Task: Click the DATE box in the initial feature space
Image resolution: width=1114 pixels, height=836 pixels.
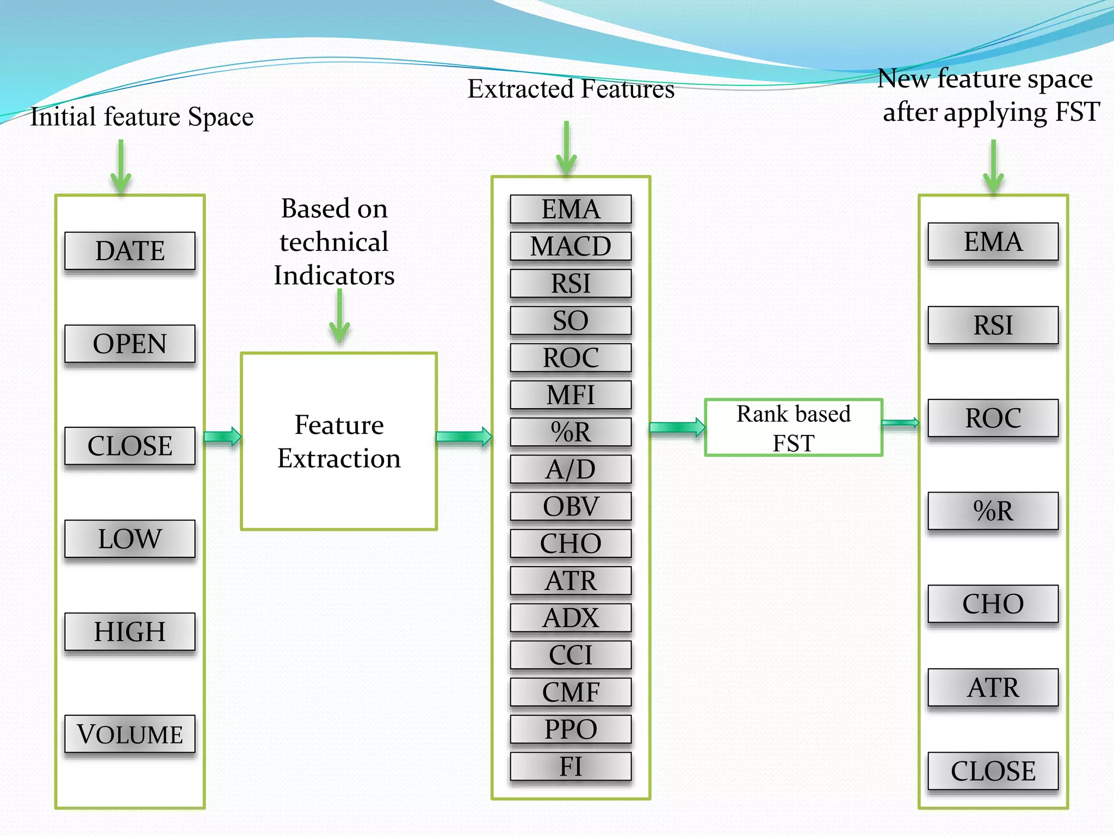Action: (129, 251)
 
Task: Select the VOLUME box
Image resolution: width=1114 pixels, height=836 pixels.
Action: (129, 734)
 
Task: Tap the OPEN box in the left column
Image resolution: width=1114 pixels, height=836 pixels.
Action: (129, 343)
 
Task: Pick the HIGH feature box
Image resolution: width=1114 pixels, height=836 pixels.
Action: (129, 631)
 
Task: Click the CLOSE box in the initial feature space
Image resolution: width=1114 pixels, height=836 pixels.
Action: (129, 446)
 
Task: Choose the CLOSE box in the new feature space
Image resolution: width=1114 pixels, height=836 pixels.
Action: (993, 771)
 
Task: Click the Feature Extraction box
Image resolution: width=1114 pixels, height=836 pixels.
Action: (339, 441)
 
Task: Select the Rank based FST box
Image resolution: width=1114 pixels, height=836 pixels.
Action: (793, 428)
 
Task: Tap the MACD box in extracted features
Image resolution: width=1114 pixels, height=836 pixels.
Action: (571, 246)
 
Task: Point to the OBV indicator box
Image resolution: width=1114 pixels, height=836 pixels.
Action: (571, 506)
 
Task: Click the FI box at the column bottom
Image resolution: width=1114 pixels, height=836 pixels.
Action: (571, 766)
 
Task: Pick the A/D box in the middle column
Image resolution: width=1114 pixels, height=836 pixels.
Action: (571, 469)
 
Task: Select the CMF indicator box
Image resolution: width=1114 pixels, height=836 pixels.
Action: (571, 692)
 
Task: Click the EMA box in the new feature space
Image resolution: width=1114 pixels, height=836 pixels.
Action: (993, 242)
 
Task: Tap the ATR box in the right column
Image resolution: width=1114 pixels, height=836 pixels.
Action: (993, 687)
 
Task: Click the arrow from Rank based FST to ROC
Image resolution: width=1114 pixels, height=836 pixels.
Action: (900, 423)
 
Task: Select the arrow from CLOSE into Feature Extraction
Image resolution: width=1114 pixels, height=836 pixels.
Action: (222, 437)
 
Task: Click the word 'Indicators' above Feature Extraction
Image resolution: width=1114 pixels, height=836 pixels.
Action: (334, 275)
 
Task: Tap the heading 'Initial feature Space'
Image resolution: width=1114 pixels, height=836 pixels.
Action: (141, 116)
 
